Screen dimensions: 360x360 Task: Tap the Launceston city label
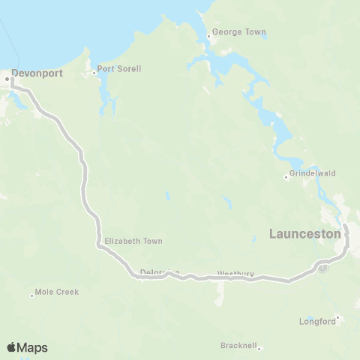pos(305,235)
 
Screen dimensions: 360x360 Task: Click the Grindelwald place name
pos(313,173)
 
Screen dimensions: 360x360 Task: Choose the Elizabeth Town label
pos(133,241)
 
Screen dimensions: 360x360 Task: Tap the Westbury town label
pos(235,274)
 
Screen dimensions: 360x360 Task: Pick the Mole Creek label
pos(57,292)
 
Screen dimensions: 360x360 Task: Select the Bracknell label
pos(238,345)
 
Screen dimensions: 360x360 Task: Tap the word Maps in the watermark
pos(33,347)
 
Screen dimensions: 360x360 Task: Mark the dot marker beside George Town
pos(209,33)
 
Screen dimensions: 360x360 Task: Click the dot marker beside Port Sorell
pos(94,73)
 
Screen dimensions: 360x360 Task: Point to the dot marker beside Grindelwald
pos(286,177)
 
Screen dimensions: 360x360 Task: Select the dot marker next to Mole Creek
pos(31,295)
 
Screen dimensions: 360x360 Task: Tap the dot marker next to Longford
pos(338,318)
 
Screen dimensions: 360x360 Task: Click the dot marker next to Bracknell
pos(259,348)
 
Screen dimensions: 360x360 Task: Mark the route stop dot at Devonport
pos(7,77)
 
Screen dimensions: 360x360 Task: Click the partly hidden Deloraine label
pos(159,272)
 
